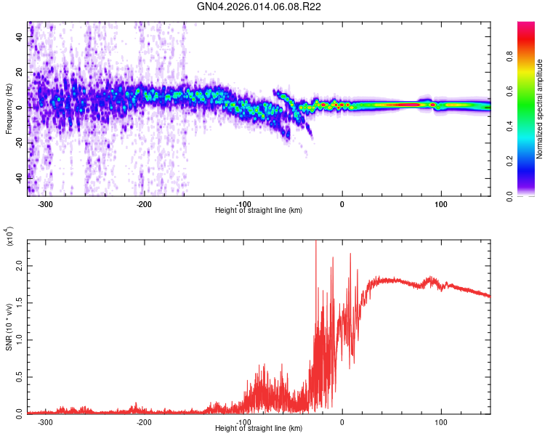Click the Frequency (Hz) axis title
pyautogui.click(x=9, y=108)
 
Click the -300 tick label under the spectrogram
pyautogui.click(x=45, y=203)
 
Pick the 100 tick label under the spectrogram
pyautogui.click(x=440, y=203)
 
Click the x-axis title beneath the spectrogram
pyautogui.click(x=259, y=211)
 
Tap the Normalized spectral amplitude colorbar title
pyautogui.click(x=540, y=109)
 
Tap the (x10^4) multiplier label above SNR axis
pyautogui.click(x=9, y=237)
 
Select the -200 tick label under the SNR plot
pyautogui.click(x=144, y=421)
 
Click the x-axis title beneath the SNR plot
pyautogui.click(x=259, y=429)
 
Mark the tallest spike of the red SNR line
pyautogui.click(x=315, y=242)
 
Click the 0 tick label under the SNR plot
pyautogui.click(x=342, y=421)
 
